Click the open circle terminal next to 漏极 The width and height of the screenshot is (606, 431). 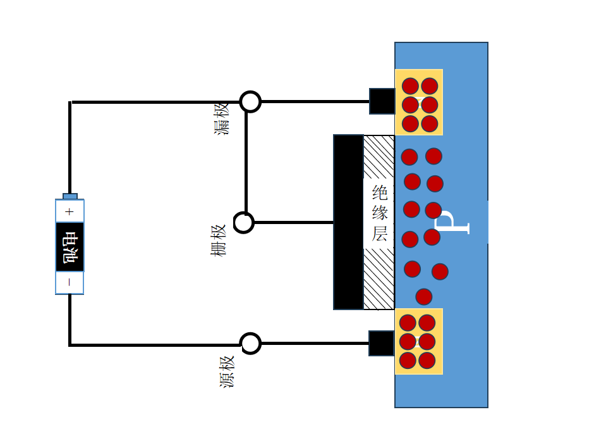pyautogui.click(x=250, y=101)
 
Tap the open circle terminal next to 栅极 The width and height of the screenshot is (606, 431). pyautogui.click(x=244, y=223)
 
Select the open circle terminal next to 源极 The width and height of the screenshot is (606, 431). pyautogui.click(x=251, y=343)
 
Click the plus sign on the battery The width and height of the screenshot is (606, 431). pyautogui.click(x=70, y=211)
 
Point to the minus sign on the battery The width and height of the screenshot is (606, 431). pyautogui.click(x=70, y=283)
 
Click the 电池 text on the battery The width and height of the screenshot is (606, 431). pyautogui.click(x=70, y=247)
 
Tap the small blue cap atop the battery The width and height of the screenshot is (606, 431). pyautogui.click(x=70, y=196)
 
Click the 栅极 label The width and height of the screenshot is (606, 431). pyautogui.click(x=219, y=240)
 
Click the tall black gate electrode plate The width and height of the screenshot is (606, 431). pyautogui.click(x=348, y=222)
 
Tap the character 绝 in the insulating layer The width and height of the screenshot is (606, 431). pyautogui.click(x=379, y=192)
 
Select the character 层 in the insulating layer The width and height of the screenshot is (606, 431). pyautogui.click(x=379, y=234)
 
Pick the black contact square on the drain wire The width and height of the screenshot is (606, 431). pyautogui.click(x=382, y=101)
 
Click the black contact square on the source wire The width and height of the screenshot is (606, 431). pyautogui.click(x=381, y=343)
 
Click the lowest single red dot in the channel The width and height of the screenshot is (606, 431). pyautogui.click(x=424, y=296)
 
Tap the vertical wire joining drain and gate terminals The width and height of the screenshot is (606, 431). pyautogui.click(x=246, y=161)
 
